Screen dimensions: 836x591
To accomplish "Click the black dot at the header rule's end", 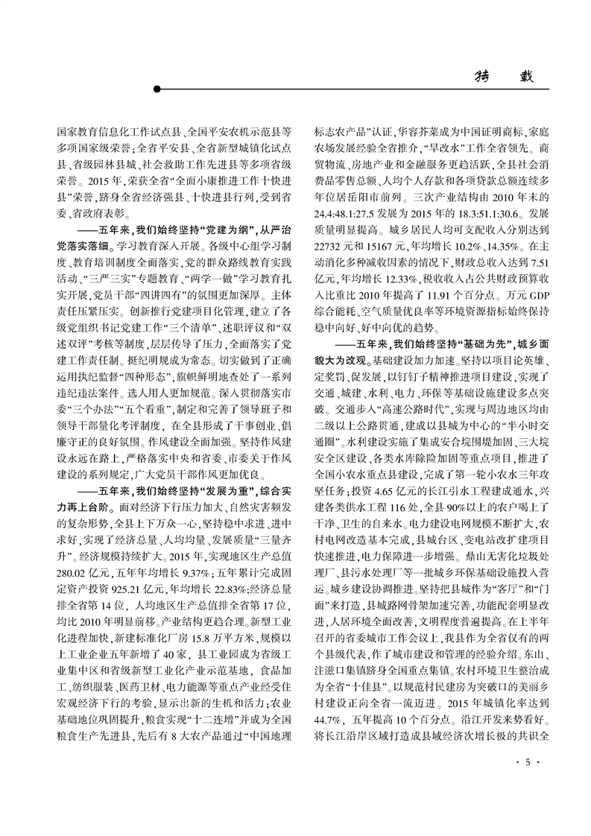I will (157, 90).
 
